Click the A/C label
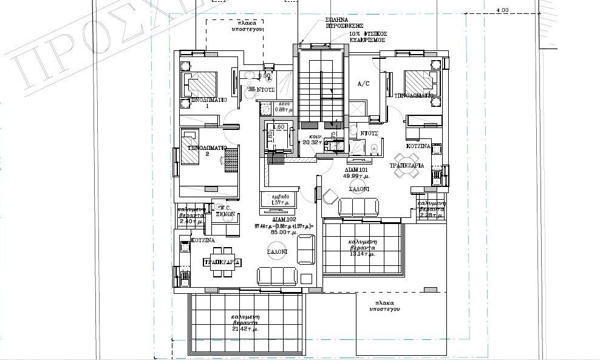(x=364, y=83)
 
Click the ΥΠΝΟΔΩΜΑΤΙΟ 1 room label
(x=208, y=100)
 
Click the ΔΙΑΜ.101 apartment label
(x=355, y=169)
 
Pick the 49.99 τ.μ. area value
(x=355, y=177)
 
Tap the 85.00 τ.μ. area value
(x=282, y=233)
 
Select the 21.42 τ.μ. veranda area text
(x=244, y=328)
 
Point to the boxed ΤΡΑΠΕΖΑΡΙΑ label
(x=222, y=262)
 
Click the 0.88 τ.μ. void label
(x=267, y=110)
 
